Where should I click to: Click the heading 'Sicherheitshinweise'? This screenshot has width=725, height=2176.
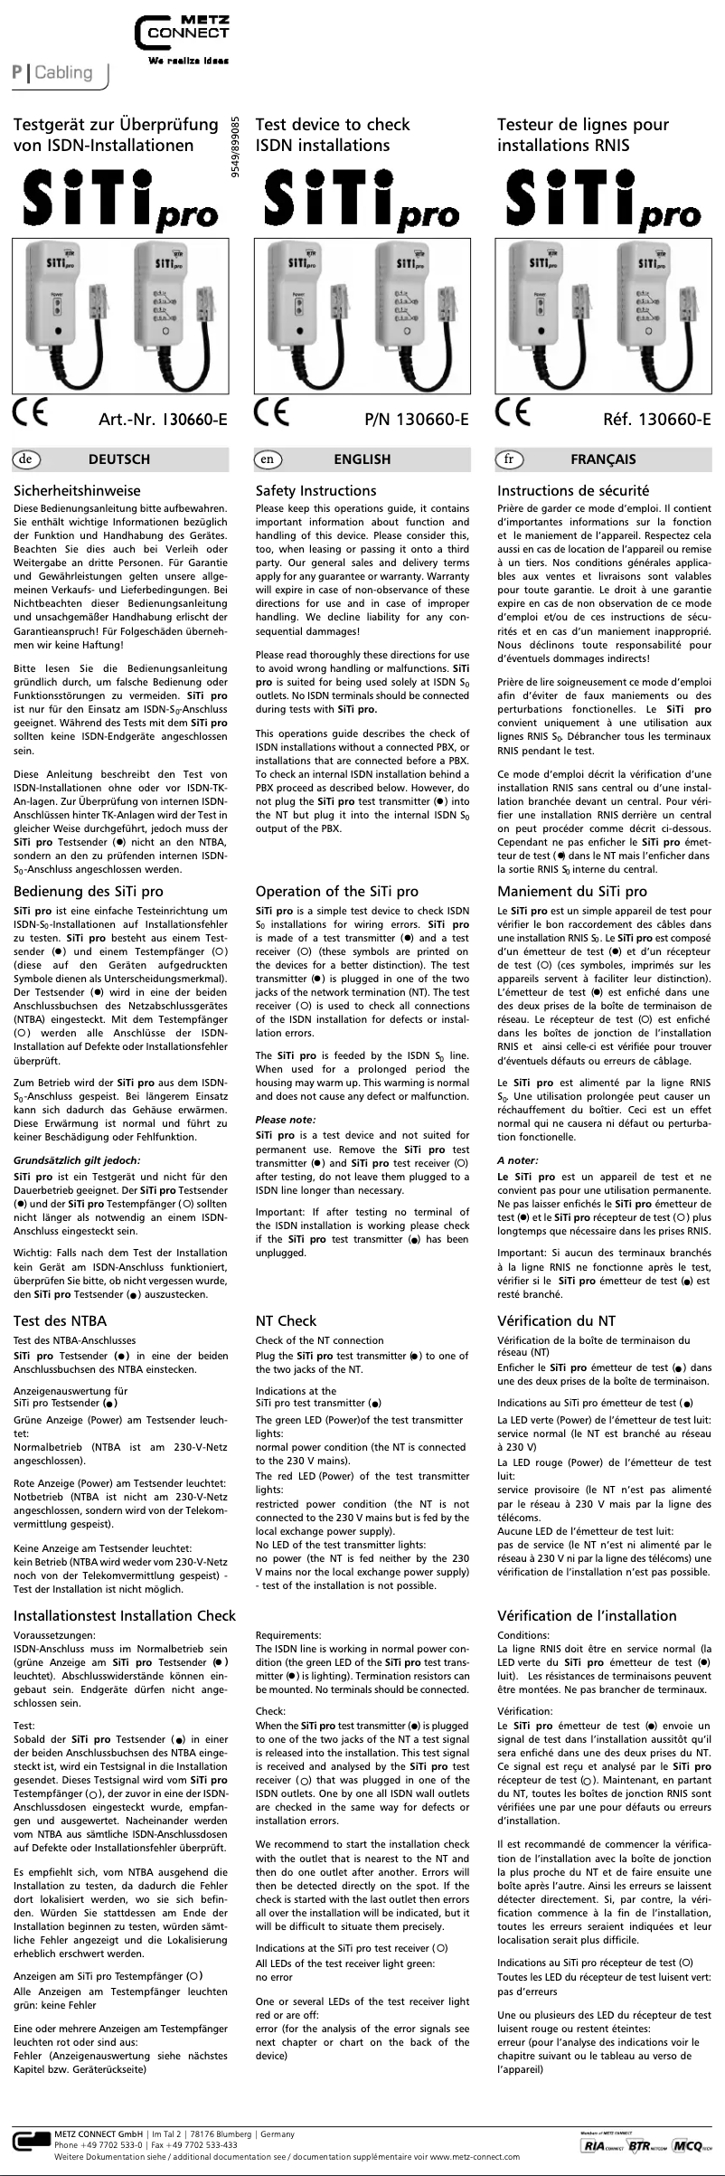pyautogui.click(x=77, y=491)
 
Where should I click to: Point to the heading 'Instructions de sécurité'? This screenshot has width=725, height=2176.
pyautogui.click(x=572, y=491)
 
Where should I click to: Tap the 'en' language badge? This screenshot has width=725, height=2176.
pyautogui.click(x=267, y=459)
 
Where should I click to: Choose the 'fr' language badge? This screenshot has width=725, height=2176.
pyautogui.click(x=509, y=459)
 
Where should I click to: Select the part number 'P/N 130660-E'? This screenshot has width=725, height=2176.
pyautogui.click(x=415, y=420)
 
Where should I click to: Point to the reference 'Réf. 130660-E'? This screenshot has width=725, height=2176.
pyautogui.click(x=658, y=420)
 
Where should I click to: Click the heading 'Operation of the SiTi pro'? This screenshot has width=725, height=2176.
pyautogui.click(x=337, y=892)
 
